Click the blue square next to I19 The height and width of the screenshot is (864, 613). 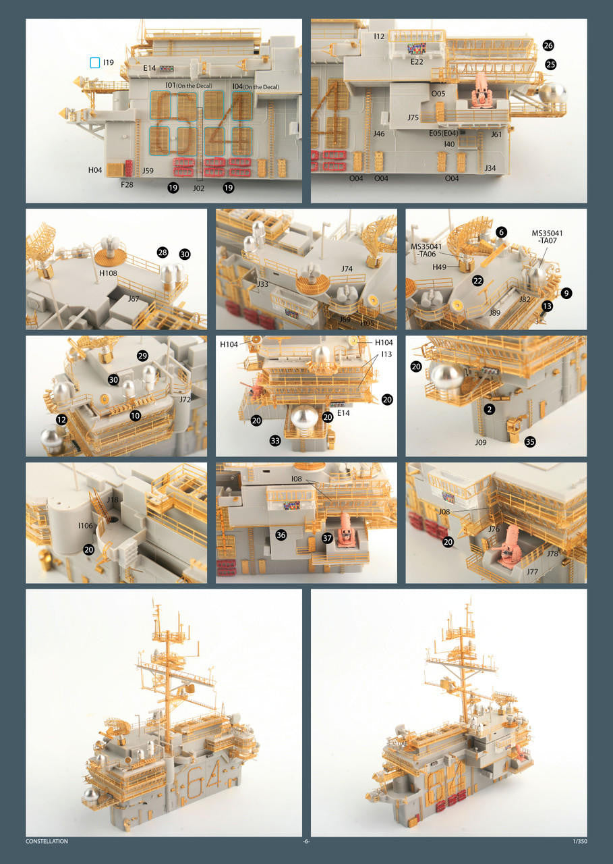[95, 63]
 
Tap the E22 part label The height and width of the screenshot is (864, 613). [417, 61]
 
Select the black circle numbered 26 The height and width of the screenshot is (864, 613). [548, 45]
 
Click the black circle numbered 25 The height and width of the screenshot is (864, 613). [550, 64]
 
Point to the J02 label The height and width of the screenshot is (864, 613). [198, 188]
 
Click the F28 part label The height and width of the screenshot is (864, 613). [127, 185]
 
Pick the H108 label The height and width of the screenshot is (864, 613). [108, 273]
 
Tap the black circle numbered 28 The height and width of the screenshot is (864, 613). [163, 252]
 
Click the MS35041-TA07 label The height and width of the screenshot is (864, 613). [547, 237]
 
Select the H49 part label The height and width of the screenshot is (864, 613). [439, 267]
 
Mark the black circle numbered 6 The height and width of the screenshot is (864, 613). [501, 232]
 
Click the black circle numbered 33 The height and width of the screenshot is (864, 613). [275, 441]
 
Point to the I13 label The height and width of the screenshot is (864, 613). [386, 354]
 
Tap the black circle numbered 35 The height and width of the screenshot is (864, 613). [530, 441]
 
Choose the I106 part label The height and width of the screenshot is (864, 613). [85, 526]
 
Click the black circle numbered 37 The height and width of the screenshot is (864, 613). [327, 538]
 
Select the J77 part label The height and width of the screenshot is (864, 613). [532, 572]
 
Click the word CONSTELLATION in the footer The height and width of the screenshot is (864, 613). [47, 841]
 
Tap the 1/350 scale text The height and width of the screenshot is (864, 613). [580, 841]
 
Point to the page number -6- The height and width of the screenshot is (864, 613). [306, 842]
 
